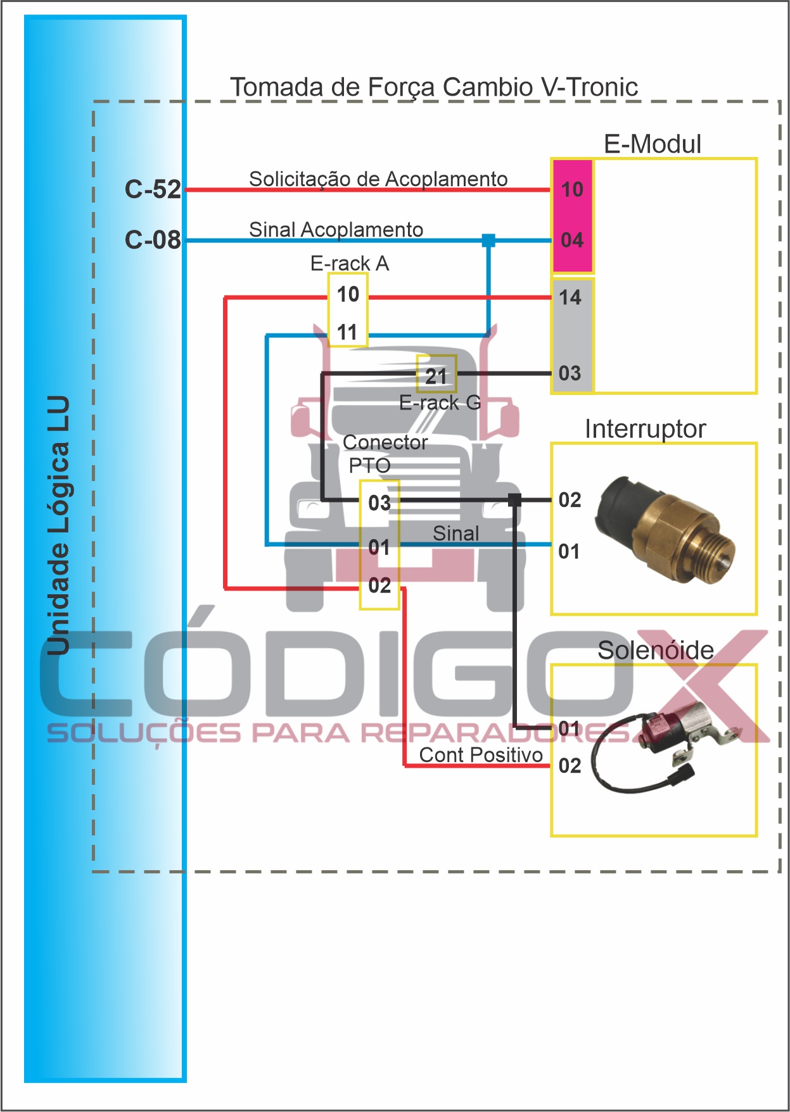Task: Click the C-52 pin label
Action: (153, 189)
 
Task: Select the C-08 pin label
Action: (153, 240)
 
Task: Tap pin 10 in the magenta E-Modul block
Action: (572, 189)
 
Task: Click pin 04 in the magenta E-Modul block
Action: (572, 240)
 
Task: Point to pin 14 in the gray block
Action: (570, 297)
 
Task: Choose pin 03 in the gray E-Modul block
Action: (570, 373)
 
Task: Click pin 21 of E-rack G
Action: (436, 376)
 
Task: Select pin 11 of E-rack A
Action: (347, 332)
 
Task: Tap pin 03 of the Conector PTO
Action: (379, 503)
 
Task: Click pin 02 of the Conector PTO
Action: (379, 585)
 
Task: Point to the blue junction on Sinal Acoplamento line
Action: (488, 241)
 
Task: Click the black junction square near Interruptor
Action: (515, 500)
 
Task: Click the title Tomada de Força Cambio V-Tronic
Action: (434, 87)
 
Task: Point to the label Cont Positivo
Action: (481, 754)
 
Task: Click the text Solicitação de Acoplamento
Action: (378, 179)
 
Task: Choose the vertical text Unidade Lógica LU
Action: (58, 525)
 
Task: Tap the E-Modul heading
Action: (653, 144)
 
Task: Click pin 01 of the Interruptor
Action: (569, 551)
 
